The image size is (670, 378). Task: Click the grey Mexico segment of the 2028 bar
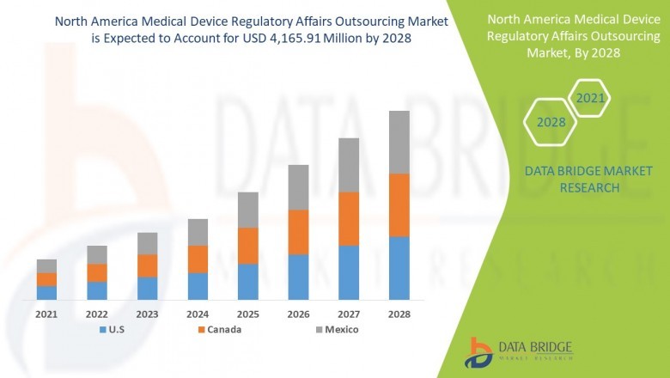(x=399, y=142)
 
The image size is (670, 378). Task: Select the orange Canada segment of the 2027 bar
(x=348, y=218)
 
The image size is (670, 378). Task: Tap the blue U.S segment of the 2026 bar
(x=297, y=277)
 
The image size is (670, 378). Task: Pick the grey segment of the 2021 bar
(x=46, y=265)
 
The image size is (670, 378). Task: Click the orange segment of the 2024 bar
(x=198, y=259)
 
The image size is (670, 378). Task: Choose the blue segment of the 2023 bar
(x=147, y=288)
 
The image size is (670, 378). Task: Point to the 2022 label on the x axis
(x=97, y=314)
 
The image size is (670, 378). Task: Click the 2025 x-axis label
(x=247, y=314)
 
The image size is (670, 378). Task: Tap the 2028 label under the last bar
(x=399, y=314)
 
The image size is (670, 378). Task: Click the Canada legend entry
(x=219, y=329)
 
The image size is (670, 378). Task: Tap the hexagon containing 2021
(x=589, y=99)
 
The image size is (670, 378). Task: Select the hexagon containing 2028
(x=551, y=123)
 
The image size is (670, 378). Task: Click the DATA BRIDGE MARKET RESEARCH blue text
(x=571, y=180)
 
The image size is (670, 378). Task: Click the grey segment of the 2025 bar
(x=247, y=210)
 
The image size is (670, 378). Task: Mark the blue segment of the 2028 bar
(x=399, y=267)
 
